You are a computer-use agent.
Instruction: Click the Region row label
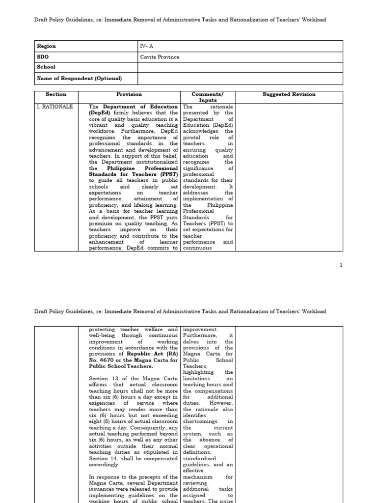(47, 46)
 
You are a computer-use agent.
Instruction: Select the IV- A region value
(146, 46)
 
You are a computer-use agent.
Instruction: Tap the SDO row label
(43, 57)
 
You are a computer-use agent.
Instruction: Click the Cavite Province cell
(160, 57)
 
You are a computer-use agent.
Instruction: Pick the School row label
(46, 67)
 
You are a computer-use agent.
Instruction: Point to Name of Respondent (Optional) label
(79, 78)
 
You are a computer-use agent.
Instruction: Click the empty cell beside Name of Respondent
(240, 78)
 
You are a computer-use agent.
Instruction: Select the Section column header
(56, 94)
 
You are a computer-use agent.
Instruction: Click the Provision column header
(129, 94)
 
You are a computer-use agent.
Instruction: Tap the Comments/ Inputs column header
(208, 97)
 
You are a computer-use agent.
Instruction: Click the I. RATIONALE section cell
(54, 107)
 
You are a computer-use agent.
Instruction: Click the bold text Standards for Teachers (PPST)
(134, 174)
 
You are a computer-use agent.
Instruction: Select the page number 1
(341, 265)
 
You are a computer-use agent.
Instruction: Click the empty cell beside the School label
(240, 67)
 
